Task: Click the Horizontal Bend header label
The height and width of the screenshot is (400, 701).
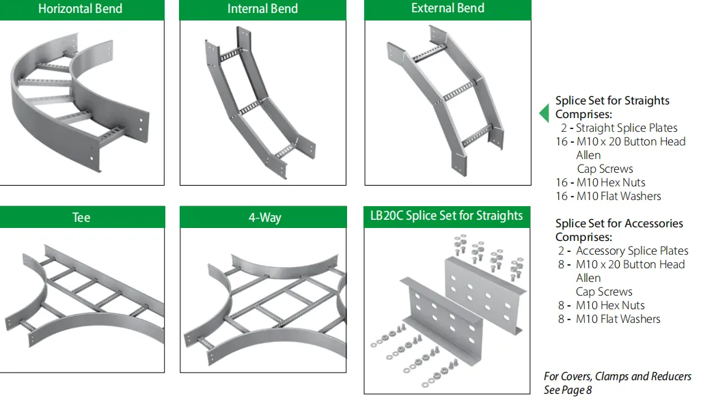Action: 81,9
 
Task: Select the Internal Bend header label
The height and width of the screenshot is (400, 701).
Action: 262,9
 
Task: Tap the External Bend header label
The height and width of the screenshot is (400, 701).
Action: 448,8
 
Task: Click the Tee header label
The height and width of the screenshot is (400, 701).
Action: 81,218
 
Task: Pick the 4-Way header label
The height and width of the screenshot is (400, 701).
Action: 265,218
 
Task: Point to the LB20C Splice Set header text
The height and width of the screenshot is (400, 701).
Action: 446,216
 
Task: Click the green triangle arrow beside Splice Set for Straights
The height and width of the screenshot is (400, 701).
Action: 544,113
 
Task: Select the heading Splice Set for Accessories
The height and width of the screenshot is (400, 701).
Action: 619,223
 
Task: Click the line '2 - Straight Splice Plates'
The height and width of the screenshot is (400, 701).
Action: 619,128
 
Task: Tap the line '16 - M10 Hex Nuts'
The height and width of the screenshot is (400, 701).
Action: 601,182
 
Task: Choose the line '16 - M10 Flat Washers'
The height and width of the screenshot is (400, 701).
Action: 609,196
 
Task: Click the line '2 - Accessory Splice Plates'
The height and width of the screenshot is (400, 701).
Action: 623,251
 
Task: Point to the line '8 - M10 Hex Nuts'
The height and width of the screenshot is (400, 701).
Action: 601,305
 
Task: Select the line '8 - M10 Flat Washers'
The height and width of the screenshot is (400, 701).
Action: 609,319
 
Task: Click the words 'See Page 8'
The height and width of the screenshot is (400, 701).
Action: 568,390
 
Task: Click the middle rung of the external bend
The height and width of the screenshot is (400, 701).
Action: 458,91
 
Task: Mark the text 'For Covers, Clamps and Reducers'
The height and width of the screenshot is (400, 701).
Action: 618,376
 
